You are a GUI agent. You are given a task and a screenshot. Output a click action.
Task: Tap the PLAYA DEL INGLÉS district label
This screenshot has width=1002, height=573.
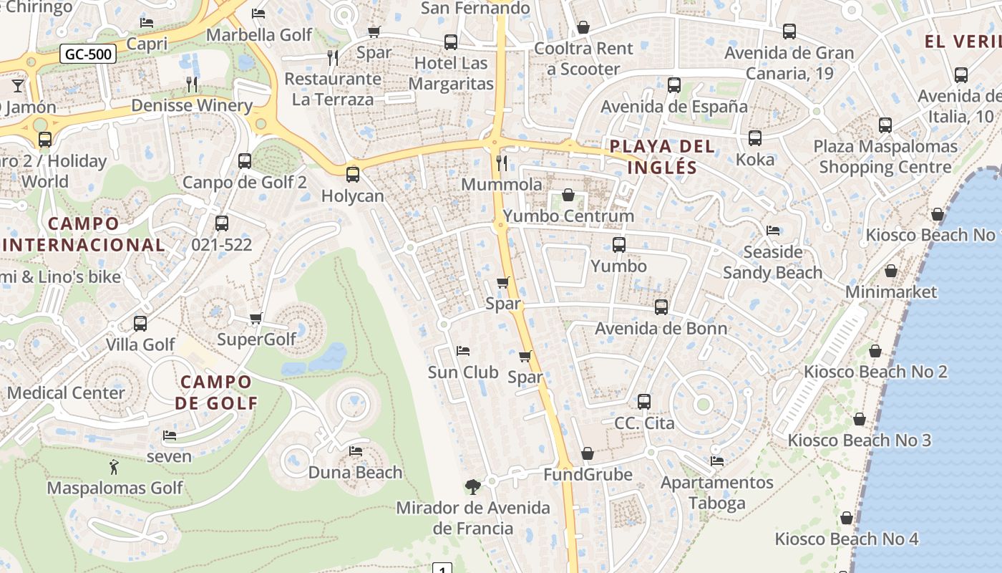pos(661,157)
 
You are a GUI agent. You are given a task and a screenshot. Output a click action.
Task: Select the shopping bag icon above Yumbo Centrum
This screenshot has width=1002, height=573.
pos(568,195)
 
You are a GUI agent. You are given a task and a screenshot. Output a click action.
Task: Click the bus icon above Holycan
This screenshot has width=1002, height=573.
pos(352,174)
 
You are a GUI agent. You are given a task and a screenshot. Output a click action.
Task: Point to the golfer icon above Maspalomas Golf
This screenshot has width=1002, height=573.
pos(114,467)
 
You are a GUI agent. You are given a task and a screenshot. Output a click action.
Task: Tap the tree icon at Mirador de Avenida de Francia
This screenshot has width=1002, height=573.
pos(472,487)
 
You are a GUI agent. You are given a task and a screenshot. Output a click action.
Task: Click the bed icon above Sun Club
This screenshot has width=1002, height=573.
pos(463,351)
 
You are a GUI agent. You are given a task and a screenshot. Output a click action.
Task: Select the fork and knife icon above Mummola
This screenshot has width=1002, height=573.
pos(502,163)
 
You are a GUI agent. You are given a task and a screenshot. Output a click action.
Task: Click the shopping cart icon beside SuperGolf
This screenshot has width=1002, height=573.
pos(256,318)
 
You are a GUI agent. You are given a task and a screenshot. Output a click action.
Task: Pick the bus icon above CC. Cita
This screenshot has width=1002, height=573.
pos(644,401)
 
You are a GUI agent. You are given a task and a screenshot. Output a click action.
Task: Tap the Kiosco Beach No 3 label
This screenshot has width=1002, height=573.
pos(859,440)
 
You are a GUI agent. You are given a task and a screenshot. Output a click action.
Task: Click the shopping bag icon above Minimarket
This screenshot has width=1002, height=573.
pos(891,271)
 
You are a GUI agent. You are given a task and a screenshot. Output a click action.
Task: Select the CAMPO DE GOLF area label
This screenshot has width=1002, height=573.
pos(216,392)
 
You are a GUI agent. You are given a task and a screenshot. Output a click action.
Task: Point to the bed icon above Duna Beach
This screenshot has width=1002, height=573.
pos(356,451)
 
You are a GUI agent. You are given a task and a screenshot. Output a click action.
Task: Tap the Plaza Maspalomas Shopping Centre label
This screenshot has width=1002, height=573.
pos(885,157)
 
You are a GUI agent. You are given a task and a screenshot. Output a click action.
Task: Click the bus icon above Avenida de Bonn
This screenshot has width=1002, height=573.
pos(661,307)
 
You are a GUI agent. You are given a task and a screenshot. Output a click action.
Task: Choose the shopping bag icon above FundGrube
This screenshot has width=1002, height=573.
pos(588,453)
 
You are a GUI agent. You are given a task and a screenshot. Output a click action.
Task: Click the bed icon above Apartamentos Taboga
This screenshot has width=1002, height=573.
pos(717,461)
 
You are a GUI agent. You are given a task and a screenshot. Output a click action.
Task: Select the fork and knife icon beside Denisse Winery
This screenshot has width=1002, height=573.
pos(192,85)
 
